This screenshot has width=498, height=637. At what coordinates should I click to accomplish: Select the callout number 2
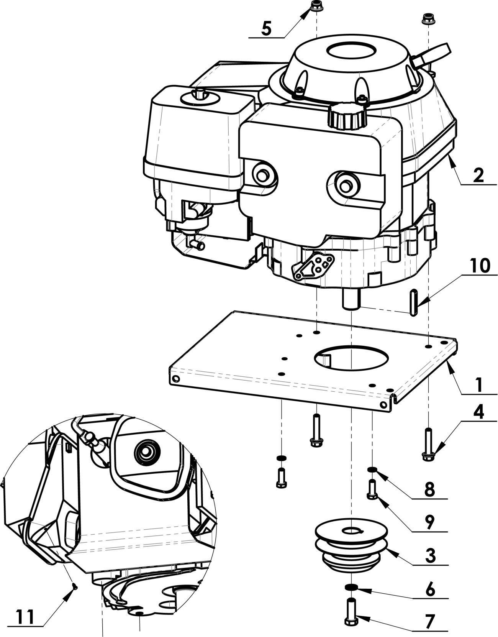coord(478,176)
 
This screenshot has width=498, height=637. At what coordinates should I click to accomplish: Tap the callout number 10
coord(478,266)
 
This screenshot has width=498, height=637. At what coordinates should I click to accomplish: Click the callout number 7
coord(431,621)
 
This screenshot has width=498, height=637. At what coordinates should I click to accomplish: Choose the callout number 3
coord(430,555)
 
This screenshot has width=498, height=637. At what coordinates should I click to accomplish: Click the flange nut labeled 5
coord(316,7)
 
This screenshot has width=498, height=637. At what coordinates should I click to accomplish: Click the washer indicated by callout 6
coord(351,587)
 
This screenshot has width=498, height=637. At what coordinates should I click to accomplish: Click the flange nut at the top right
coord(427,18)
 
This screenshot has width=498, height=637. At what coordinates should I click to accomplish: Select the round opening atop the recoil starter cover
coord(351,51)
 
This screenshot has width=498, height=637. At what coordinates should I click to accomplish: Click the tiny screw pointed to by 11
coord(75,586)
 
